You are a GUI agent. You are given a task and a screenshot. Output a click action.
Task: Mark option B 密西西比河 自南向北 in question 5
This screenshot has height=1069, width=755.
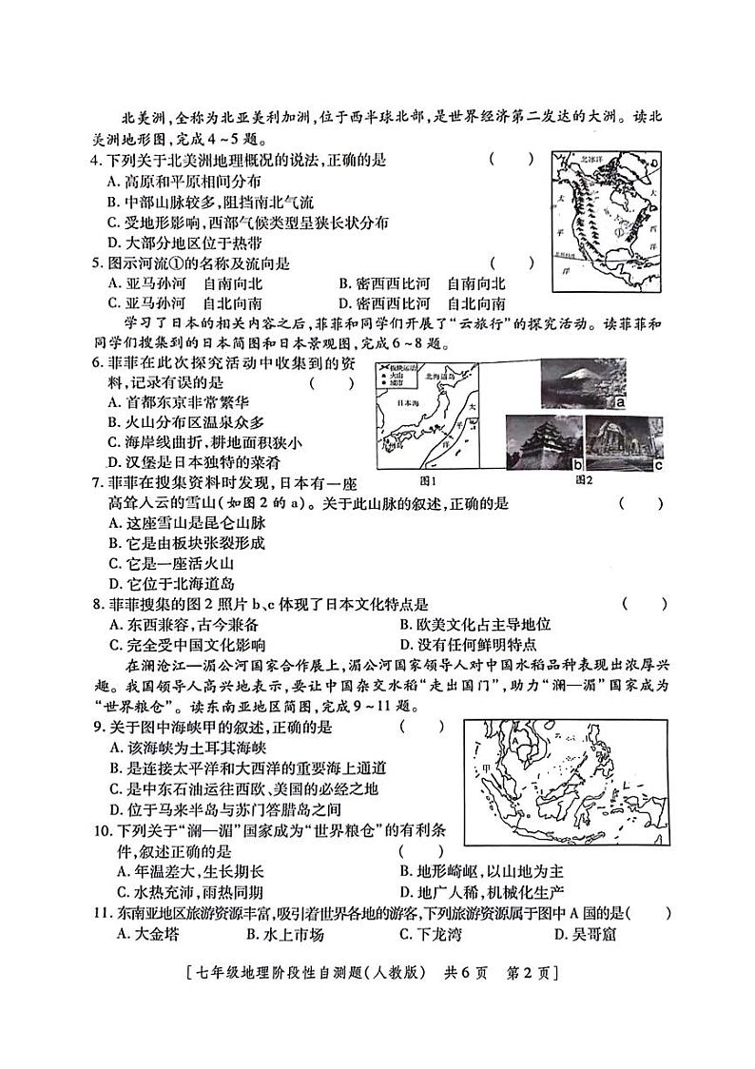(422, 283)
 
